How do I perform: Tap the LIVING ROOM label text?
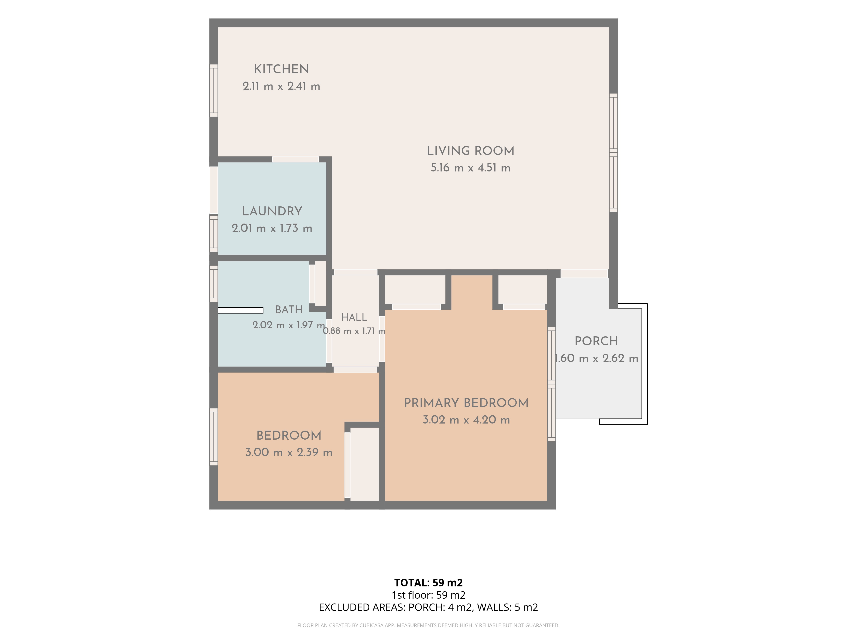[x=470, y=151]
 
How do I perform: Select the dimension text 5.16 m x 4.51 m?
[x=470, y=168]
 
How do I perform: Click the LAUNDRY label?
[x=272, y=211]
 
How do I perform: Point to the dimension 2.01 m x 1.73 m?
[x=272, y=228]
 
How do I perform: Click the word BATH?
[x=289, y=310]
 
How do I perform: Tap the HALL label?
[x=354, y=317]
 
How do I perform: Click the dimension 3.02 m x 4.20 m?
[x=466, y=420]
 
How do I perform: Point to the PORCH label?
[x=596, y=341]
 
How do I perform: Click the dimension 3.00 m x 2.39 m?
[x=289, y=452]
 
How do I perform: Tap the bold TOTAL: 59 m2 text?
[x=428, y=583]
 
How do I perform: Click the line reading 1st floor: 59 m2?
[x=428, y=595]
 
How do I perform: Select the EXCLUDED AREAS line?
[x=428, y=607]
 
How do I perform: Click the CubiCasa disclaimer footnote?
[x=428, y=625]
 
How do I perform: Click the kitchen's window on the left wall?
[x=213, y=90]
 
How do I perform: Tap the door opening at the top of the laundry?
[x=296, y=159]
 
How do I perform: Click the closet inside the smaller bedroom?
[x=364, y=464]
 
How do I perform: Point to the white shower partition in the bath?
[x=241, y=310]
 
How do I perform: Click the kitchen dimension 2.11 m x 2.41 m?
[x=281, y=86]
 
